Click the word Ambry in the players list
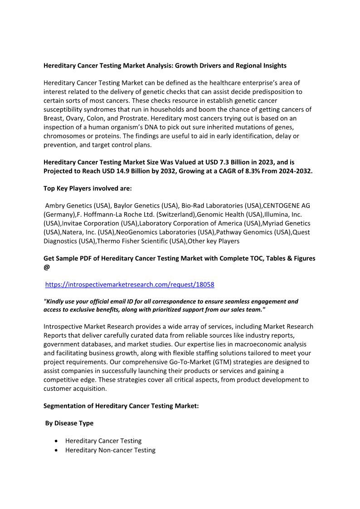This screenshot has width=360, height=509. tap(55, 206)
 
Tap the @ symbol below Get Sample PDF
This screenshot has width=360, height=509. tap(47, 267)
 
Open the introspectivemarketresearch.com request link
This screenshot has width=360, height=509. tap(130, 285)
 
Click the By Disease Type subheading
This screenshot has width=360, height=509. tap(69, 423)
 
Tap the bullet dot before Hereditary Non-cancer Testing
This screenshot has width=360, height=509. tap(56, 451)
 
